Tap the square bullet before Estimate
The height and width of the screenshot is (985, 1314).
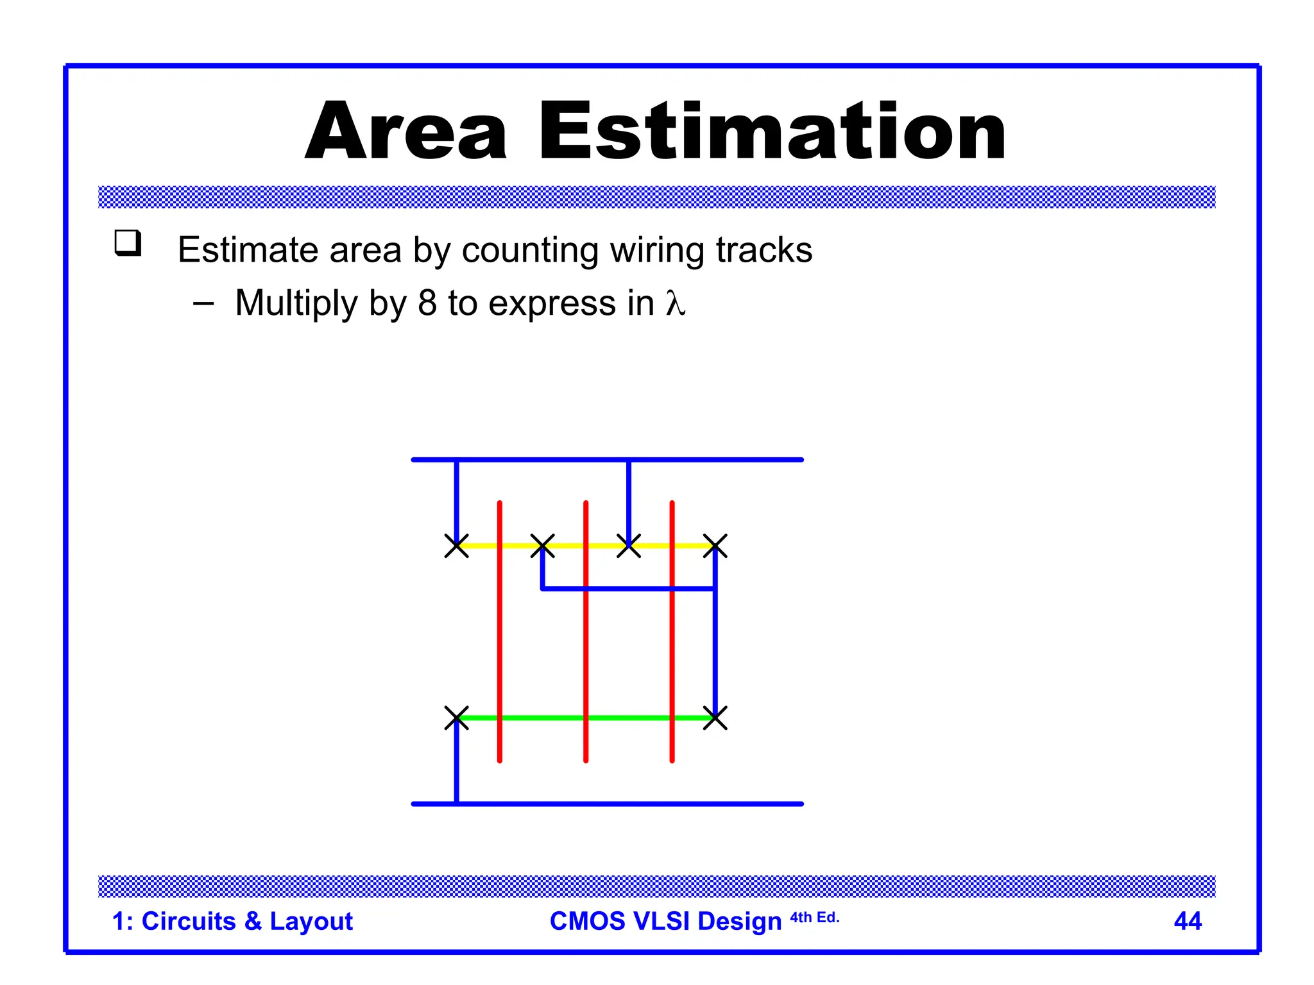128,243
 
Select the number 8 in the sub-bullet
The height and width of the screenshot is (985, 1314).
427,303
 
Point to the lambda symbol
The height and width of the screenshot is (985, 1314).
675,303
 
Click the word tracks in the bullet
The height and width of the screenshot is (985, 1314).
764,250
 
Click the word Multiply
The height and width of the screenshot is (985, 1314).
296,304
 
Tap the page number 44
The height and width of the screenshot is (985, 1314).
1188,921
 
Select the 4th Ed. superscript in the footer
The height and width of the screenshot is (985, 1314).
814,917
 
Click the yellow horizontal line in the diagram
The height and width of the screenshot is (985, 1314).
606,546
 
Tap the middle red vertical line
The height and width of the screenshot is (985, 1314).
586,641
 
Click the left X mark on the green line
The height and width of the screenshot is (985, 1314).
457,718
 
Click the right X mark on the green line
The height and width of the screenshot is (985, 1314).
715,718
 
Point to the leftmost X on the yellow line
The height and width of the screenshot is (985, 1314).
457,546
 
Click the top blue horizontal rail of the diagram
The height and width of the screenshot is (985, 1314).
706,460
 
